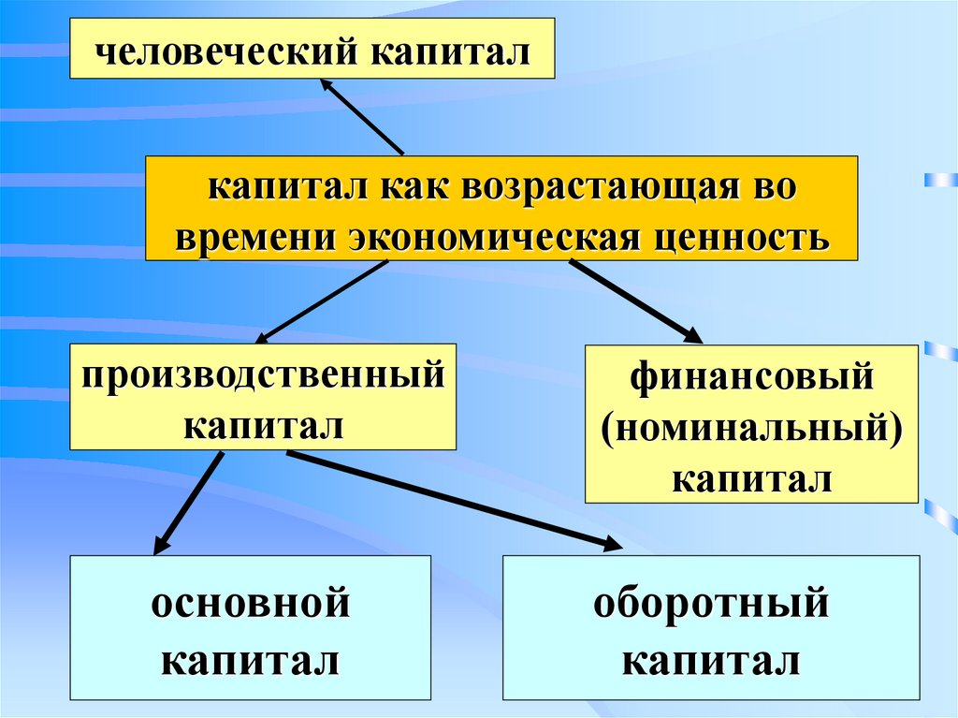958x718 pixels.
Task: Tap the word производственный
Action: point(262,376)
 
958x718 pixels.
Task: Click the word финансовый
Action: point(751,378)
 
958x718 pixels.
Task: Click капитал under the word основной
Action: point(251,662)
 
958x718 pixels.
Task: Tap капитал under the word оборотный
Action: point(711,662)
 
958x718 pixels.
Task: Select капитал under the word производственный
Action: point(263,426)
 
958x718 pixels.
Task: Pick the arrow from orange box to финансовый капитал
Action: point(636,300)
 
